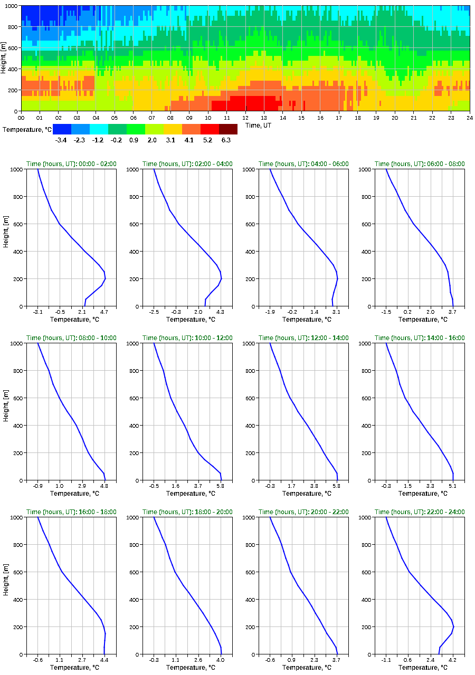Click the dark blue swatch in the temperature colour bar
[62, 129]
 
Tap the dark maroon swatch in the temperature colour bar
[228, 129]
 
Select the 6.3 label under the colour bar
[226, 140]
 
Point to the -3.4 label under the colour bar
[61, 140]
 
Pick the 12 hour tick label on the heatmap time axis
[245, 118]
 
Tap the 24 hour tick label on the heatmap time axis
[469, 118]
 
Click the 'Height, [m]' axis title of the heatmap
[4, 59]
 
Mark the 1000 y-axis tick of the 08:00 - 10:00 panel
[15, 343]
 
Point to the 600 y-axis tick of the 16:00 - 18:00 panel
[18, 572]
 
